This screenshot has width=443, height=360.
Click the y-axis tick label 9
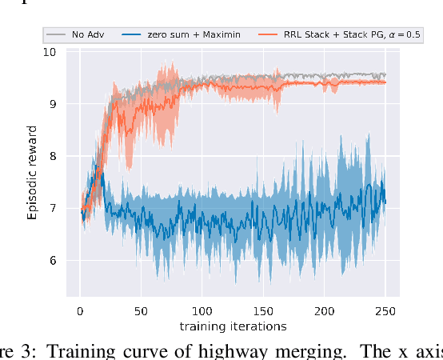52,104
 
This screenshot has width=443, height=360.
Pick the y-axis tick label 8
52,156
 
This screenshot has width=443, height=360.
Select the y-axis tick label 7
52,208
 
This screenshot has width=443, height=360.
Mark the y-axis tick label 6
52,260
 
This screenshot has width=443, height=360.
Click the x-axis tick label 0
79,312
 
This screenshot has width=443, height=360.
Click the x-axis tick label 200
325,312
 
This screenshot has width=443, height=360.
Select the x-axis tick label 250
385,312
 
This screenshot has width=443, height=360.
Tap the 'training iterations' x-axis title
233,326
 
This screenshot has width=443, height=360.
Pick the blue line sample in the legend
132,35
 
